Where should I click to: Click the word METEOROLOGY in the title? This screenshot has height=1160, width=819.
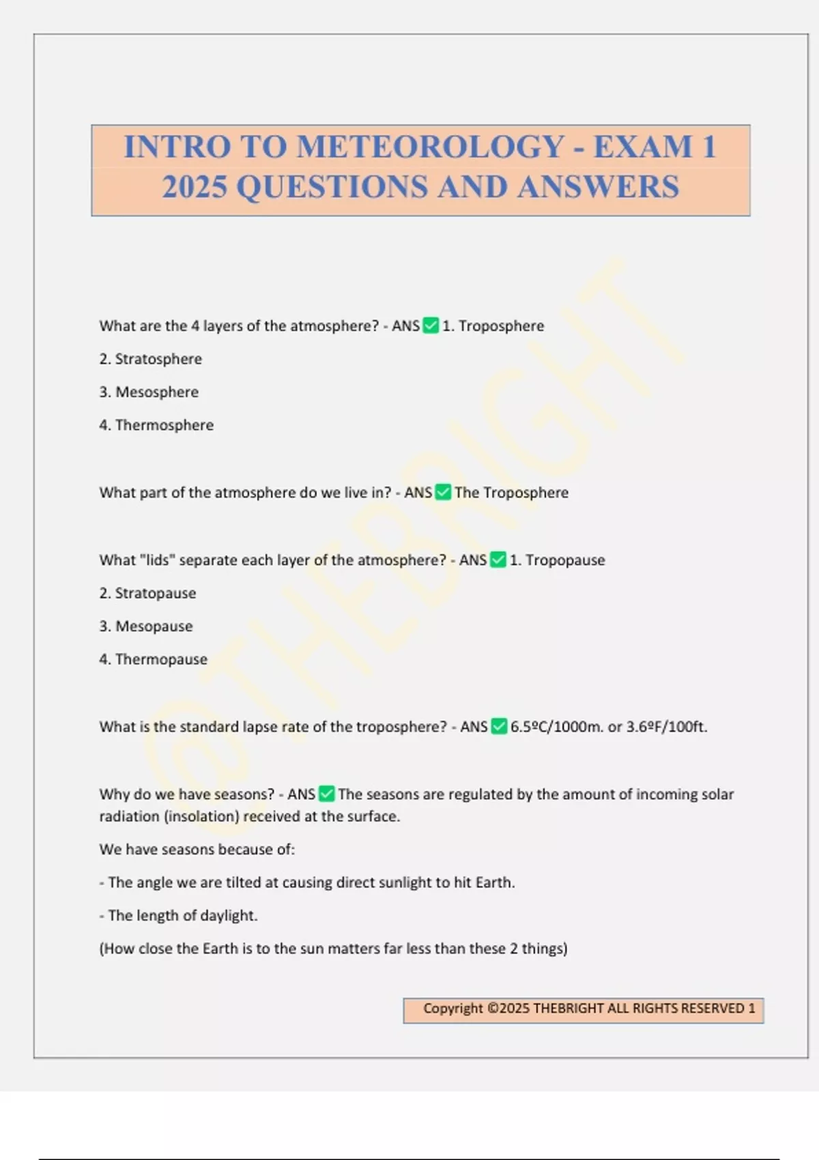click(431, 147)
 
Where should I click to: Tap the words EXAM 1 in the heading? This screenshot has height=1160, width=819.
click(654, 147)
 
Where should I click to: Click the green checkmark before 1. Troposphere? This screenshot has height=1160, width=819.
click(431, 325)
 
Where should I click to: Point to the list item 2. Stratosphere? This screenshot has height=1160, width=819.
click(150, 359)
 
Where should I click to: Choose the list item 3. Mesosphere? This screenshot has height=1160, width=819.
click(149, 392)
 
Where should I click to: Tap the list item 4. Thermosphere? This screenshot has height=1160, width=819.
click(156, 425)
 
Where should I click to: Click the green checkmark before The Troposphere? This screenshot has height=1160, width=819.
click(443, 492)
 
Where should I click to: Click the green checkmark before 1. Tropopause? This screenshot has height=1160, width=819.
click(498, 560)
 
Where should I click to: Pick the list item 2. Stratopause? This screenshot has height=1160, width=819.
click(147, 593)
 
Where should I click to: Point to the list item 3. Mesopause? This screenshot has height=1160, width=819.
click(146, 626)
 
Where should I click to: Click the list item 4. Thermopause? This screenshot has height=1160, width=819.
click(153, 659)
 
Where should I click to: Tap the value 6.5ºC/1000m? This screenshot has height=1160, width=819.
click(557, 727)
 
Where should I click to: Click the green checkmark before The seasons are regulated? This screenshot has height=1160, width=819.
click(327, 794)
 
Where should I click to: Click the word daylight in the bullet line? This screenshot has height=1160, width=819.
click(229, 916)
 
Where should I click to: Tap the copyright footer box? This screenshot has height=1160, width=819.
click(583, 1010)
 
